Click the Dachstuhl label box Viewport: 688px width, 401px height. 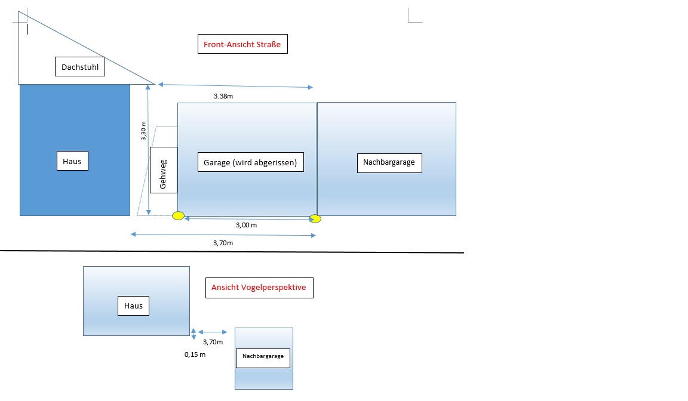(80, 67)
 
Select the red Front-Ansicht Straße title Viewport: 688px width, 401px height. (242, 44)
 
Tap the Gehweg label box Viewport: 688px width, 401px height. (164, 170)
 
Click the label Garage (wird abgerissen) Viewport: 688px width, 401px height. (251, 162)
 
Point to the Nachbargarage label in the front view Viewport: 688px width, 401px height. (389, 163)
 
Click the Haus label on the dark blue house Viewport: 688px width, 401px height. (72, 161)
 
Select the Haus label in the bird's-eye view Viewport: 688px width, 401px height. (133, 306)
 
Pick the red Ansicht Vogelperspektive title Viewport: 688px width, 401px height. (259, 288)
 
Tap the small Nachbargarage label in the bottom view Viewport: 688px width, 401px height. (263, 358)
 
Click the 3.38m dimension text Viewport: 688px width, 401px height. (223, 96)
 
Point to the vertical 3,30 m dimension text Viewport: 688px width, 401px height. (143, 131)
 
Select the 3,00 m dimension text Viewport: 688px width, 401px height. (247, 225)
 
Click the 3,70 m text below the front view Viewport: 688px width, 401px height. (223, 243)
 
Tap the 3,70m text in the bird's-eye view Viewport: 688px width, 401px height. (213, 342)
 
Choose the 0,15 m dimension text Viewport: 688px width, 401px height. (195, 354)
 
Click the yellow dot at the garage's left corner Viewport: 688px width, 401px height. (178, 215)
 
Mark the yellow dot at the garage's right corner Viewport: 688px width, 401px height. (315, 218)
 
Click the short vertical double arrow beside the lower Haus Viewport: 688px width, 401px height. (193, 334)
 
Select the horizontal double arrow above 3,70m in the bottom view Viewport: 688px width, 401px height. (213, 332)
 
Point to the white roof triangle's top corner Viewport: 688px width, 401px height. (19, 11)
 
